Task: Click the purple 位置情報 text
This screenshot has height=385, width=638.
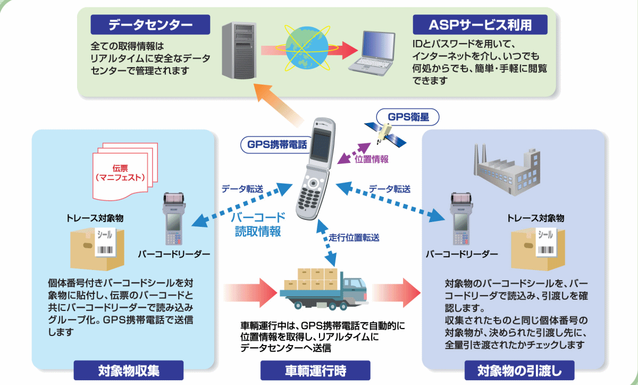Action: tap(372, 158)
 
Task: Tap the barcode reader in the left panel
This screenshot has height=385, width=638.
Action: tap(173, 217)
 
